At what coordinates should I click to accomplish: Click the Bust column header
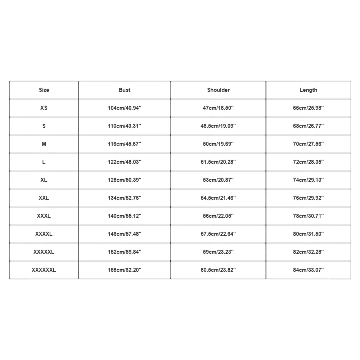coord(125,90)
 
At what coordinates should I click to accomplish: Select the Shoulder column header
coord(218,90)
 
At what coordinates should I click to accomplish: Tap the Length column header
coord(308,90)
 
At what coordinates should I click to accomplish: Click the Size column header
coord(44,90)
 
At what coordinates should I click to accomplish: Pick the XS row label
coord(44,108)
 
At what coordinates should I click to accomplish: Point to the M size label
coord(44,144)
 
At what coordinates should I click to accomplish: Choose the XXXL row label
coord(44,216)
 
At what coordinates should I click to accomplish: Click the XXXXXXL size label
coord(44,270)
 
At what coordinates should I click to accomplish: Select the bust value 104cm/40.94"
coord(125,108)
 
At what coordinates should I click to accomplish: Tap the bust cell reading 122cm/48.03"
coord(125,162)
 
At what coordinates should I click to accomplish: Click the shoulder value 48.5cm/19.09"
coord(218,126)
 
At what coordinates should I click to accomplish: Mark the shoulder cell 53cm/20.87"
coord(218,180)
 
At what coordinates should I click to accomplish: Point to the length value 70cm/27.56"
coord(308,144)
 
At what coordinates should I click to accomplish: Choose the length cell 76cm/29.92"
coord(308,198)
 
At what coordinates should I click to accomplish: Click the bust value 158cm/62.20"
coord(125,270)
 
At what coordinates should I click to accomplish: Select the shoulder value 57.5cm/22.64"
coord(218,234)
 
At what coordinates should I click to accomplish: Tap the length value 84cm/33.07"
coord(308,270)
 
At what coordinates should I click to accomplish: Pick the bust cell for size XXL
coord(125,198)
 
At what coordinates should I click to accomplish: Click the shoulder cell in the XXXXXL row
coord(218,252)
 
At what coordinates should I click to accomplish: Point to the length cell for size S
coord(308,126)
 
